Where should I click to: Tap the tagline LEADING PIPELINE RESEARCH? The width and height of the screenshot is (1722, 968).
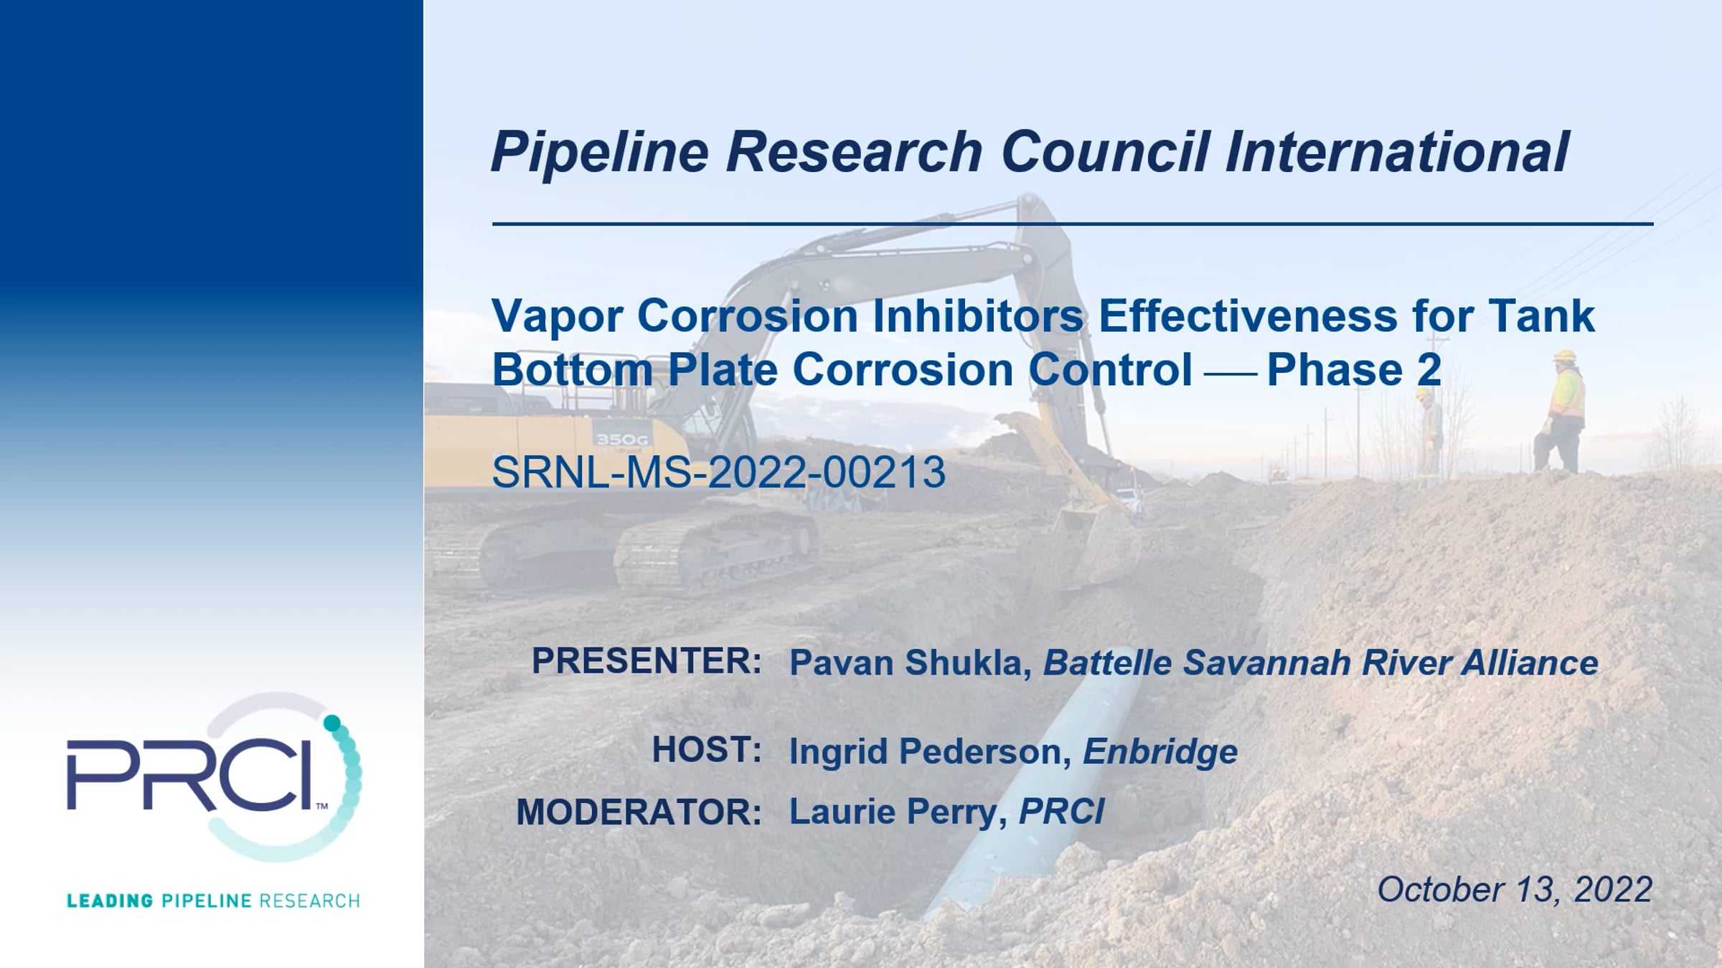click(x=213, y=901)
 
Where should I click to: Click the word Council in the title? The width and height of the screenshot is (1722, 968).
click(x=1104, y=152)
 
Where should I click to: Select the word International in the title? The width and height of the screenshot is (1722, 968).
click(x=1396, y=152)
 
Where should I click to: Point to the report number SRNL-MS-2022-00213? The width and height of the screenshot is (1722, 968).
click(x=718, y=473)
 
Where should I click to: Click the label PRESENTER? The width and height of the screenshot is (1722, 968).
click(x=646, y=660)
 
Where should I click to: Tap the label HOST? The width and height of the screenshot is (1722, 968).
click(x=707, y=750)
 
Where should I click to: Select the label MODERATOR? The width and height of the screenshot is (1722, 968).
click(x=639, y=812)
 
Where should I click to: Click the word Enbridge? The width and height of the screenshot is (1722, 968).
click(x=1160, y=752)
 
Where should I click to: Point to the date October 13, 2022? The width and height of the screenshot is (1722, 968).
click(x=1515, y=890)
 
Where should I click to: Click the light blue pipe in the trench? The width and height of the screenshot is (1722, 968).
click(x=1033, y=796)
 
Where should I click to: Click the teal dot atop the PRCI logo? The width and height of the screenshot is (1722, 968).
click(x=332, y=723)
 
